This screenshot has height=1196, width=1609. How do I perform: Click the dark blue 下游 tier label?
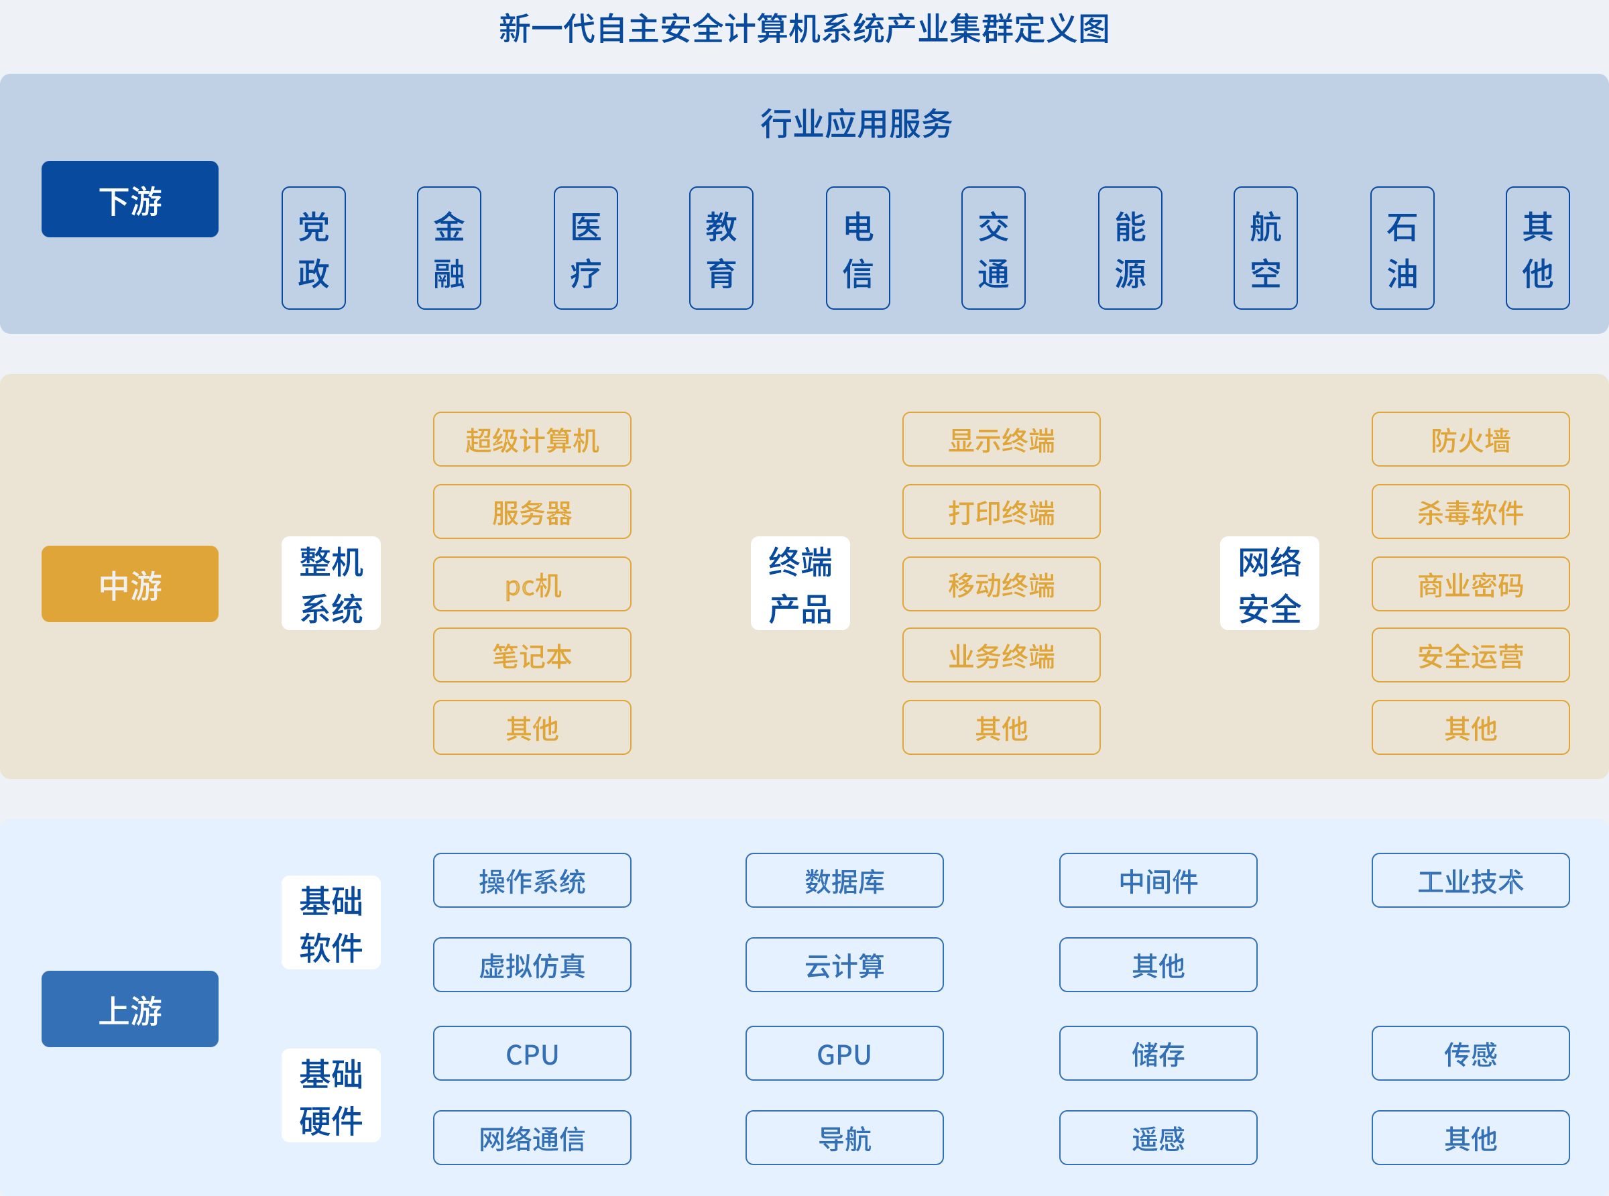(x=129, y=199)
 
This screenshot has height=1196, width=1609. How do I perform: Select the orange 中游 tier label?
(x=129, y=583)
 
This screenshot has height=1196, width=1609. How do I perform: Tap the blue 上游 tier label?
(x=129, y=1008)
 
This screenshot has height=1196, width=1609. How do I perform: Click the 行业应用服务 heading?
(x=855, y=124)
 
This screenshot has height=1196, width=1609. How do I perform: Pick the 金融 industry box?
(x=449, y=248)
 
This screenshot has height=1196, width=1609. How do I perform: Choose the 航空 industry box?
(x=1265, y=248)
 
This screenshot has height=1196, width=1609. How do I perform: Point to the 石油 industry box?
(x=1402, y=248)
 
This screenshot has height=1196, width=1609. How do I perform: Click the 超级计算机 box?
(x=532, y=440)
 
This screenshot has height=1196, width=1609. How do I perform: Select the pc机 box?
(x=532, y=583)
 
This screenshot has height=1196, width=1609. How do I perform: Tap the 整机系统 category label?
(x=331, y=583)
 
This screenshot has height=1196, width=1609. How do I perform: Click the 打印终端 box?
(x=1001, y=512)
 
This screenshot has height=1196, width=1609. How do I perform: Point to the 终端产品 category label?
(x=800, y=583)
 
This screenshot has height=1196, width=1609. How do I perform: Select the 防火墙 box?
(x=1470, y=440)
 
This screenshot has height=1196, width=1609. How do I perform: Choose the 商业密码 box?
(x=1470, y=583)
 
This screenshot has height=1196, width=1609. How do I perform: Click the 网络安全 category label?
(x=1270, y=583)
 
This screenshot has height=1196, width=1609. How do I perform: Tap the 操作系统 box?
(x=532, y=880)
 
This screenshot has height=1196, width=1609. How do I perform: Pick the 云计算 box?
(x=845, y=965)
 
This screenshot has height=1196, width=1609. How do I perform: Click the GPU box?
(x=845, y=1053)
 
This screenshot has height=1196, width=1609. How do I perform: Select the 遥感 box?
(x=1158, y=1138)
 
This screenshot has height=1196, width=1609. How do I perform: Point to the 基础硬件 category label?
(x=331, y=1095)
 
